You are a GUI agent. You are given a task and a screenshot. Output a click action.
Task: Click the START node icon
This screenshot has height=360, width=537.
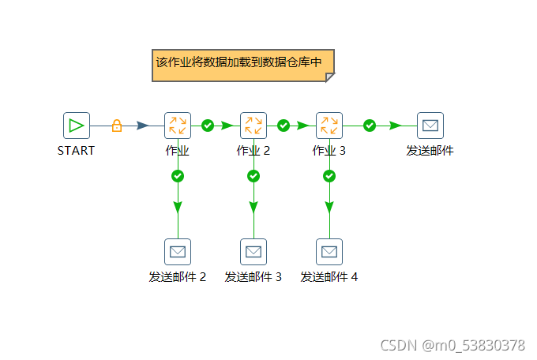77,126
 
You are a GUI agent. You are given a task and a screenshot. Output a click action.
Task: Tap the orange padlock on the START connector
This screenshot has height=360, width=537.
117,126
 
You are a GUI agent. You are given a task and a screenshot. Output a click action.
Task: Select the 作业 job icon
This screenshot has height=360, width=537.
178,126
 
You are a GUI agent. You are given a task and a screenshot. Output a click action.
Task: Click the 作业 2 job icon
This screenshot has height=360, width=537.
253,126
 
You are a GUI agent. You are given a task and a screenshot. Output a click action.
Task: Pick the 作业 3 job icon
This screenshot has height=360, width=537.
329,126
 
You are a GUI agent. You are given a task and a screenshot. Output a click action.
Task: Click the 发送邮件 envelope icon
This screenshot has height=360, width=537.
430,126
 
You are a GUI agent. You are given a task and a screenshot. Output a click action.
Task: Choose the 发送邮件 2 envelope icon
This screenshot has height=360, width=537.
178,252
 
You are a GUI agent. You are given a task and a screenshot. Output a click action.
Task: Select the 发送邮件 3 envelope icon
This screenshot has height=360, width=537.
253,252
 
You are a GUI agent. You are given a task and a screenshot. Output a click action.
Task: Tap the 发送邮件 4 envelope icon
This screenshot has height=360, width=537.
329,252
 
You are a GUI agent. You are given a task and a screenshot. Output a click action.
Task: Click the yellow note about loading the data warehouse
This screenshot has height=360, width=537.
243,65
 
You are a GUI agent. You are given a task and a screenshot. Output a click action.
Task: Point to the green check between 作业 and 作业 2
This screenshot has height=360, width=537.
208,126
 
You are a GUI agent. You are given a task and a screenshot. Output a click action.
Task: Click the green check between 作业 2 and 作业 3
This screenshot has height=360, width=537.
284,126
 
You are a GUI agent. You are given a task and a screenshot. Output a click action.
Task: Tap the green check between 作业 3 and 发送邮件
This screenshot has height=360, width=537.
370,126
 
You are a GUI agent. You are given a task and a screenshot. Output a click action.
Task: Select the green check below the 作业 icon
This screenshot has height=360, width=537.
178,176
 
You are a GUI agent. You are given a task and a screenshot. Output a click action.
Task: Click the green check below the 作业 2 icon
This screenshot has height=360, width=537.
253,176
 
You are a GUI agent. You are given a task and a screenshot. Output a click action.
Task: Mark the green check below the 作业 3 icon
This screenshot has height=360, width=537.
329,176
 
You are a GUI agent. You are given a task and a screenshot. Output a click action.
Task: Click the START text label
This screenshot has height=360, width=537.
77,151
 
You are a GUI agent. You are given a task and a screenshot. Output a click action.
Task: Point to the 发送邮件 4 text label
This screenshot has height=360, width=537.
329,277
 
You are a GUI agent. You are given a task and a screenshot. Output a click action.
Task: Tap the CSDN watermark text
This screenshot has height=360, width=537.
453,346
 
